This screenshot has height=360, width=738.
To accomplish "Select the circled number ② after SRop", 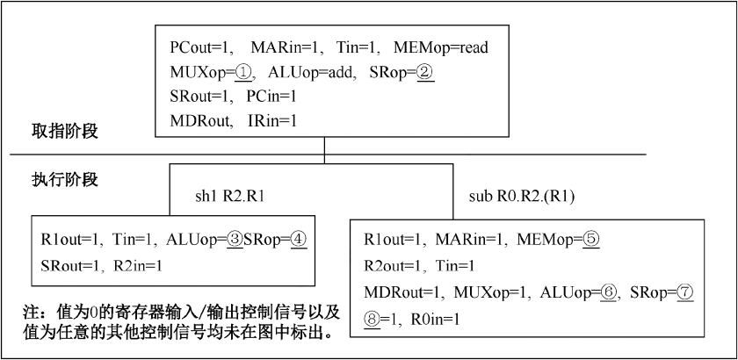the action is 425,73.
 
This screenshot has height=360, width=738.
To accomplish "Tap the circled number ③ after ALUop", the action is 234,241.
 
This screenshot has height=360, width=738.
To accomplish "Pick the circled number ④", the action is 299,241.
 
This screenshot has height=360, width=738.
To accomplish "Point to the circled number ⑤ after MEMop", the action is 591,241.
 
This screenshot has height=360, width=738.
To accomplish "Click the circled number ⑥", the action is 609,293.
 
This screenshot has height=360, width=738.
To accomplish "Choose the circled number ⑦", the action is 685,293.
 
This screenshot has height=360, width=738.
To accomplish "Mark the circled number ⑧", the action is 372,320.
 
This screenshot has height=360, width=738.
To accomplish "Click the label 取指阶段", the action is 65,132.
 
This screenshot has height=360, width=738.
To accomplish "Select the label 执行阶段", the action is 65,180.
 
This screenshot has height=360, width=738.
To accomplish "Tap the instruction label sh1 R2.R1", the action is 229,197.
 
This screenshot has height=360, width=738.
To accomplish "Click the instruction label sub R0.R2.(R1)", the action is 522,197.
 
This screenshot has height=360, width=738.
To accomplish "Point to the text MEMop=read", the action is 440,47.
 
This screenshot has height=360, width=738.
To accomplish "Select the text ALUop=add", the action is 311,74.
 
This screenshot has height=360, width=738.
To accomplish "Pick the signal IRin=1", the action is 272,121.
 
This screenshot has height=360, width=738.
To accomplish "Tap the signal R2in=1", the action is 139,266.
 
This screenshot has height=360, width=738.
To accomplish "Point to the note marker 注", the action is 30,313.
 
